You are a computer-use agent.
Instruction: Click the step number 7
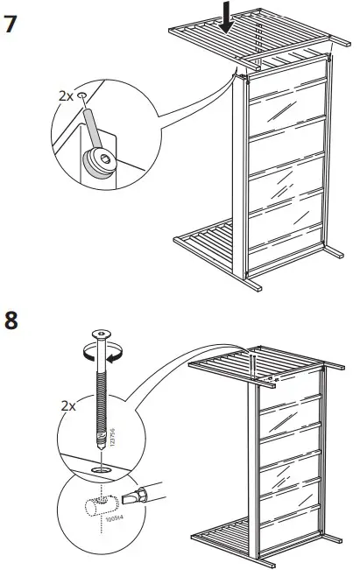click(11, 23)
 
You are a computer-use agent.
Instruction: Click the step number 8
click(11, 320)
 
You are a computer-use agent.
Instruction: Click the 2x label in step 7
click(64, 95)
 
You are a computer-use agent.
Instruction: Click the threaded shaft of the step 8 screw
click(102, 403)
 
